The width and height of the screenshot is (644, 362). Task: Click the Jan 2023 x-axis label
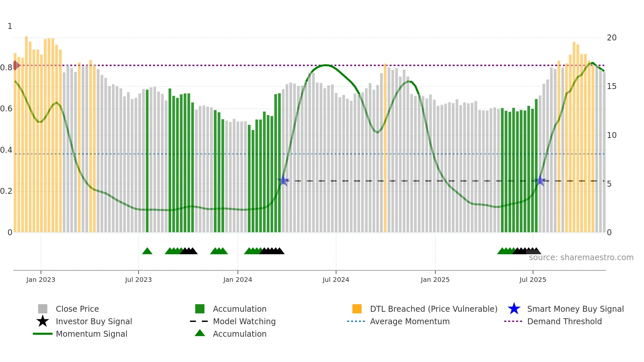coord(41,280)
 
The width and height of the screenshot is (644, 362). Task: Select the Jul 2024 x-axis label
coord(336,280)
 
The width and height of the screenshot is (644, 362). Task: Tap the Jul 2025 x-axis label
coord(533,280)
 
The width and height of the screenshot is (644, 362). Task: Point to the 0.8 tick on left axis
coord(6,68)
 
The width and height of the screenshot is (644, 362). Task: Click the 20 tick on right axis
coord(611,38)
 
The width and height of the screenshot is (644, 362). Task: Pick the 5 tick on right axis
coord(609,184)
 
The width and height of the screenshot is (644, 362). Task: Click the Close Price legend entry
coord(77,309)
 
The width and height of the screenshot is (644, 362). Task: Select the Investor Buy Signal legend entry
coord(94,321)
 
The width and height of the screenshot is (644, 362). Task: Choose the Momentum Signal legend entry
coord(91,334)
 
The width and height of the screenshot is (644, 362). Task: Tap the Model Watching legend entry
coord(244,321)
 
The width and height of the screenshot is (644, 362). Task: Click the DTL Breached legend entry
coord(433,309)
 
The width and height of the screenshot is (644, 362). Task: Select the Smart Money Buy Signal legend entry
coord(575,309)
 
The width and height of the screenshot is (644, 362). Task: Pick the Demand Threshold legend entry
coord(564,321)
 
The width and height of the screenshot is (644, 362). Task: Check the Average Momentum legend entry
coord(409,321)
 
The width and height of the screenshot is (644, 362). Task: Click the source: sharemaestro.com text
coord(581,257)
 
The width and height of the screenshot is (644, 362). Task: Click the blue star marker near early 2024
coord(283,181)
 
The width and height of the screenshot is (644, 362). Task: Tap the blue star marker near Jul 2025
coord(540,181)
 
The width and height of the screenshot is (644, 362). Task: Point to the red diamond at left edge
coord(15,65)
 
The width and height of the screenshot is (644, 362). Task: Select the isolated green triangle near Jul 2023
coord(147,251)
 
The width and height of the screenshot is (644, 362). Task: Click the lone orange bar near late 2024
coord(385,148)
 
